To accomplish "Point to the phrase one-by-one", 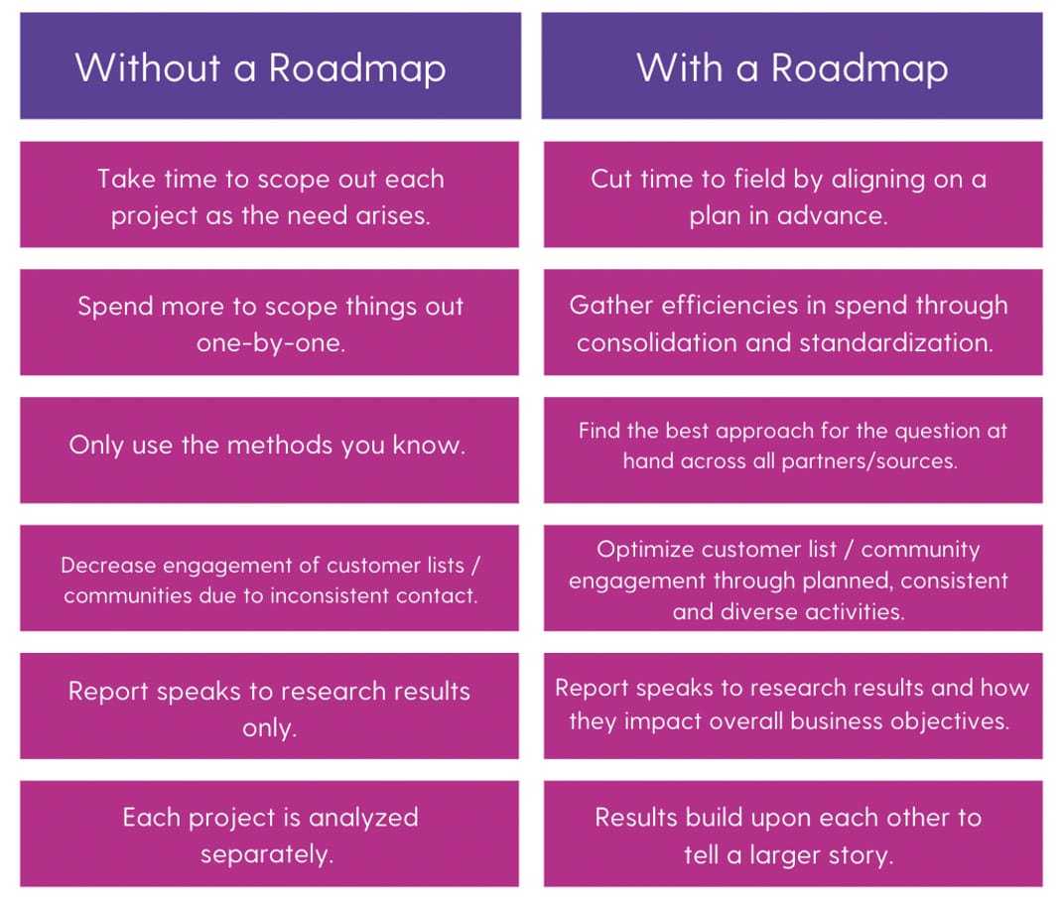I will pos(271,344).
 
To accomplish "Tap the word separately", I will pos(266,854).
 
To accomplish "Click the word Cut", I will pos(612,180).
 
